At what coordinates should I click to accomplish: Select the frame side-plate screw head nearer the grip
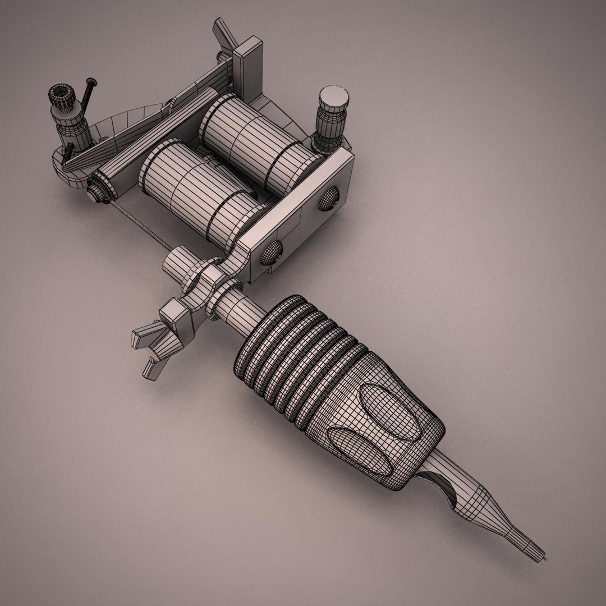(270, 252)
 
